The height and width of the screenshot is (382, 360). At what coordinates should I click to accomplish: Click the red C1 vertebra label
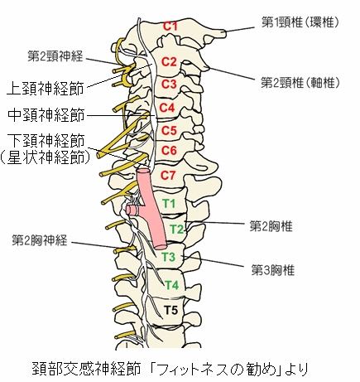170,26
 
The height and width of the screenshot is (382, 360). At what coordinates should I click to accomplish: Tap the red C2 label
169,61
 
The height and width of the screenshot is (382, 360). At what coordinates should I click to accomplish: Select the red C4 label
168,108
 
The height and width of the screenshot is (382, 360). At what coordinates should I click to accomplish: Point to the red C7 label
168,175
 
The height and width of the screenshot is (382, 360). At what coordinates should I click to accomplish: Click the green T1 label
169,204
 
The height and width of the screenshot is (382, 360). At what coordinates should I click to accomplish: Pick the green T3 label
169,257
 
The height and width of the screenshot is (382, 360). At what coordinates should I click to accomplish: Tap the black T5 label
171,310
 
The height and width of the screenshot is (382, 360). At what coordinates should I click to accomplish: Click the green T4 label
172,285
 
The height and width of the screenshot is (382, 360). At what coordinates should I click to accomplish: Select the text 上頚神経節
46,88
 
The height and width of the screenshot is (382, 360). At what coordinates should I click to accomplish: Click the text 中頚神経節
46,115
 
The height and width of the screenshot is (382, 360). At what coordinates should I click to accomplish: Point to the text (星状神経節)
46,158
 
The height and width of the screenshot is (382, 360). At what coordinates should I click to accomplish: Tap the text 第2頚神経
55,56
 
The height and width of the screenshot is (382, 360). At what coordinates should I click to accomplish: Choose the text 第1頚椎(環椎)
300,22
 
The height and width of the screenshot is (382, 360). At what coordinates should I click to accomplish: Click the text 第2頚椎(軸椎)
300,82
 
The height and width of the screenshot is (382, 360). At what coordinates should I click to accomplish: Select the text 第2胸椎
271,226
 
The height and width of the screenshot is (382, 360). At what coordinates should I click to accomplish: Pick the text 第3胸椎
273,270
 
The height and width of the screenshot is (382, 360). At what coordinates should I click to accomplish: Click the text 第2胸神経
40,240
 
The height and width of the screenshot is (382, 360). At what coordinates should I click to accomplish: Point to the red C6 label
169,151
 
